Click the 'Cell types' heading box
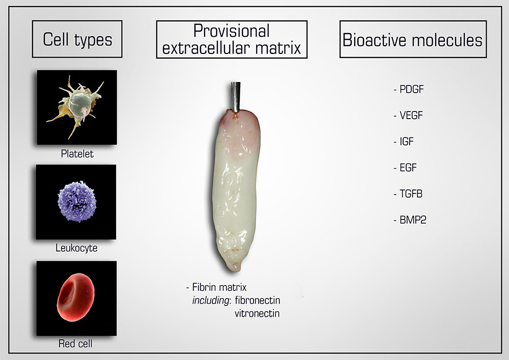click(x=77, y=39)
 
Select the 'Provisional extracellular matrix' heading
click(x=232, y=39)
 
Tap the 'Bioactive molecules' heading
click(x=413, y=39)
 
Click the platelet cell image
click(x=77, y=107)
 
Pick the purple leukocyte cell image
click(x=77, y=202)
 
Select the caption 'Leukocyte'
click(x=77, y=249)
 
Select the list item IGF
click(x=408, y=142)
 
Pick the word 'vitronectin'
click(x=257, y=313)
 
